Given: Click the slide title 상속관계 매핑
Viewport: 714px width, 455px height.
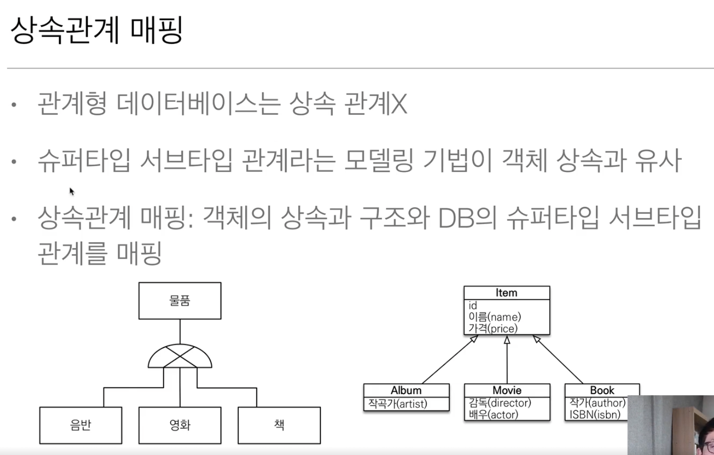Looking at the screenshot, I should click(x=97, y=30).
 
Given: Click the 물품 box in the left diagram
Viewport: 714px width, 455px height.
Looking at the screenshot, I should click(x=179, y=301).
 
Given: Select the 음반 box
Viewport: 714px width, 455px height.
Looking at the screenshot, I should click(x=81, y=425).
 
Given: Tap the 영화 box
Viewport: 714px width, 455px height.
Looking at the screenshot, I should click(x=179, y=425).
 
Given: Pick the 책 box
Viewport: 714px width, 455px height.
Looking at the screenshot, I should click(x=279, y=425).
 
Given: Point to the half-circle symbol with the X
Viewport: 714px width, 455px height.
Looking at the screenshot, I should click(x=180, y=357).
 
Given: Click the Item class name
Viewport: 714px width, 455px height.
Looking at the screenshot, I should click(x=506, y=293).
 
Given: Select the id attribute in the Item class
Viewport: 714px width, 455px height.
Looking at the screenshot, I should click(x=473, y=306).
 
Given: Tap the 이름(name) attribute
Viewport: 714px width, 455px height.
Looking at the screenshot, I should click(x=494, y=317).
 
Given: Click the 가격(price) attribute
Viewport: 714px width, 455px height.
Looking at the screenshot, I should click(x=493, y=328).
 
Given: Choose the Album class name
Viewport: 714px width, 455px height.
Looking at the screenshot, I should click(x=406, y=390).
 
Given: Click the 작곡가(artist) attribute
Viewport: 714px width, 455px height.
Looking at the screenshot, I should click(x=398, y=404).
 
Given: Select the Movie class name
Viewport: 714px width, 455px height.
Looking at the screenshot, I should click(x=507, y=390).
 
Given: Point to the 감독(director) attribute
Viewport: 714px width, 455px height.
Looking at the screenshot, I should click(x=500, y=403).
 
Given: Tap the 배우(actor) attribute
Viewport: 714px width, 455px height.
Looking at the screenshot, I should click(x=493, y=414).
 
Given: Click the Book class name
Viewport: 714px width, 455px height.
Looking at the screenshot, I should click(x=602, y=390).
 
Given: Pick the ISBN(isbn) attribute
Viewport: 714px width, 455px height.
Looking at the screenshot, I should click(x=594, y=414).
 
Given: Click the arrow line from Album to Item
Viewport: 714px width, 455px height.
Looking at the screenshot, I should click(x=449, y=360).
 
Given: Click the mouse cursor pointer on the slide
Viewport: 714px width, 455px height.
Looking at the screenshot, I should click(x=72, y=191).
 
